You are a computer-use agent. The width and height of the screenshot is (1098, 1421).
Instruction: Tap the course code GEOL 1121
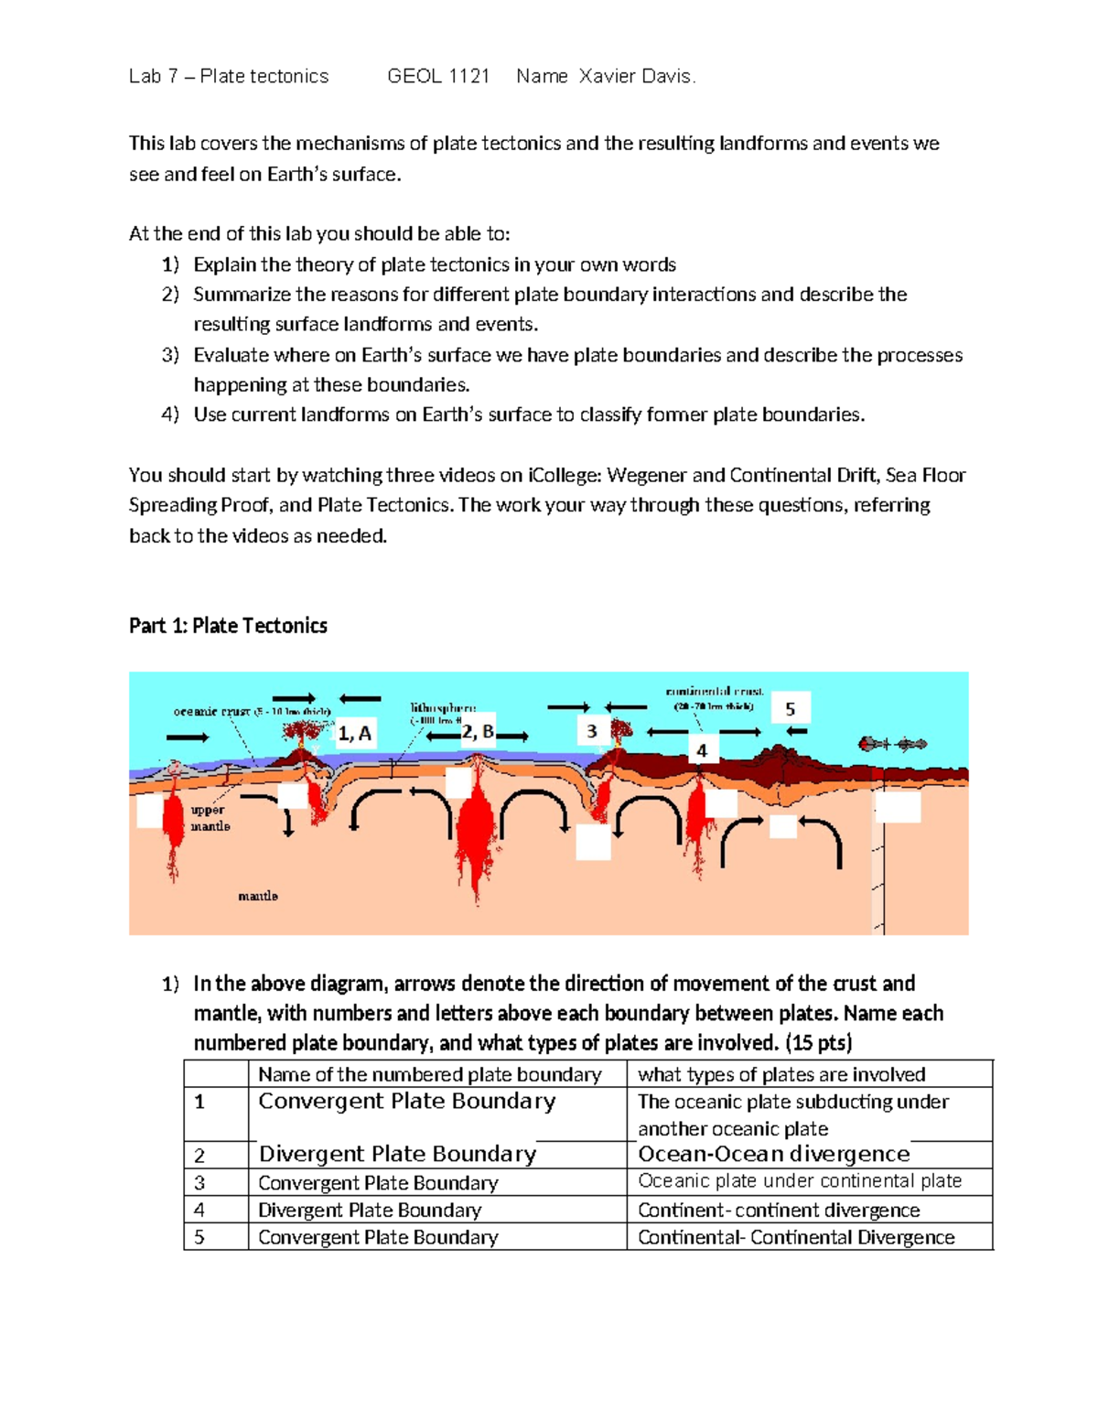[x=438, y=77]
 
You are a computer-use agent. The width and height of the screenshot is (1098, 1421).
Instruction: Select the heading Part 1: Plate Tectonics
[x=228, y=626]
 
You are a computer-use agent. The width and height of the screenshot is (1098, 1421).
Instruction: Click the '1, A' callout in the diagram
[x=355, y=733]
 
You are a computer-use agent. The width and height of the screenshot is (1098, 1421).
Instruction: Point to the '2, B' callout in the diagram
[x=477, y=731]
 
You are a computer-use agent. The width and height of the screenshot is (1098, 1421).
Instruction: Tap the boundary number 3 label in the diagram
[x=592, y=730]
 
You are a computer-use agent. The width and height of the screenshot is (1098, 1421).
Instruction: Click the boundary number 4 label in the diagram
[x=702, y=750]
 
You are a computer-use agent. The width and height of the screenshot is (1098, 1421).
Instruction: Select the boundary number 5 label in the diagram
[x=791, y=709]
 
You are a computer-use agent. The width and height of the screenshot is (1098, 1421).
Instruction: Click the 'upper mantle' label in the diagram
[x=210, y=818]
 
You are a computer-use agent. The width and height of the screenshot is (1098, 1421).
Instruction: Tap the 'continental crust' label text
[x=715, y=693]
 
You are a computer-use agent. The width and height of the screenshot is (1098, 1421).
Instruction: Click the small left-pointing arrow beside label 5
[x=797, y=731]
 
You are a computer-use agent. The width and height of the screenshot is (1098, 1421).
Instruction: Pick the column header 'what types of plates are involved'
[x=781, y=1074]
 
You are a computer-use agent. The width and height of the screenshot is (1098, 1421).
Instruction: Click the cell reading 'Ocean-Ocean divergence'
[x=774, y=1154]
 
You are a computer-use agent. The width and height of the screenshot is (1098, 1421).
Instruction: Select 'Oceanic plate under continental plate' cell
[x=800, y=1181]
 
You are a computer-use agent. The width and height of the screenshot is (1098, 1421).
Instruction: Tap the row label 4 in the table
[x=199, y=1210]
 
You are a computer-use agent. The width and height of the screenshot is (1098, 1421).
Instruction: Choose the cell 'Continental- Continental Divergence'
[x=796, y=1237]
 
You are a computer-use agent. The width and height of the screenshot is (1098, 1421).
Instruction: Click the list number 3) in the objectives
[x=170, y=355]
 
